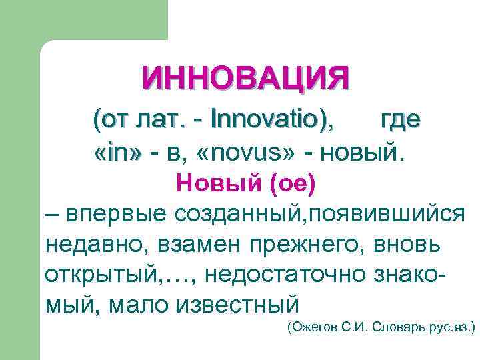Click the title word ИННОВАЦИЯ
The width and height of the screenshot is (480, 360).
[245, 79]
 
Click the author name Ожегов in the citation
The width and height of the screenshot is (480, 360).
[311, 328]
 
